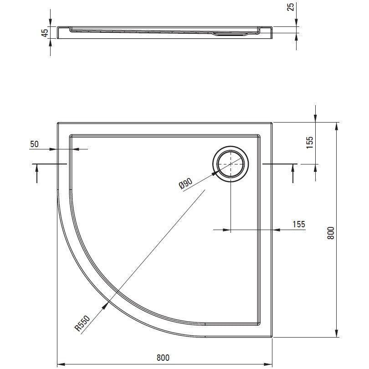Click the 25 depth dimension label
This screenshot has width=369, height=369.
point(291,7)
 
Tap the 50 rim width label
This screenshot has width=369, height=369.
point(34,144)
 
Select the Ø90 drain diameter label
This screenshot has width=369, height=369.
point(186,183)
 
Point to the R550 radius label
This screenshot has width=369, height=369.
point(82,323)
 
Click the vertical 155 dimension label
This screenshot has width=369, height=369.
point(310,143)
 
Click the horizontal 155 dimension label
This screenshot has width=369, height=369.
point(299,224)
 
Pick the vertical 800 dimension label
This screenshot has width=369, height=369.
point(331,233)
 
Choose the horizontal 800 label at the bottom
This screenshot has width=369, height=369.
point(163,358)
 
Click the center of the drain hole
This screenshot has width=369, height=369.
point(231,164)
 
